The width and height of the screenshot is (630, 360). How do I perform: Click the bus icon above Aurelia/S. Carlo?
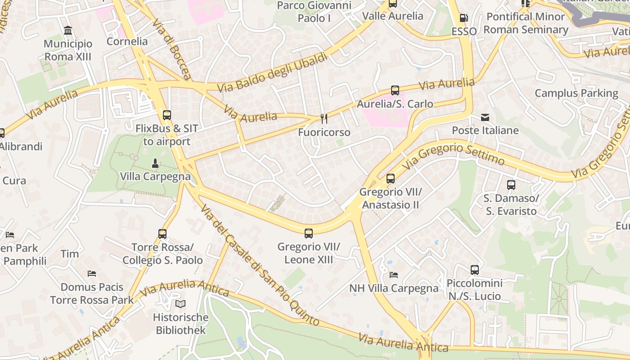pyautogui.click(x=395, y=90)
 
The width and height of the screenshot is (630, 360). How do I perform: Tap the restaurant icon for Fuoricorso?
pyautogui.click(x=324, y=119)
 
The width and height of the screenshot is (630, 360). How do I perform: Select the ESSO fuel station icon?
pyautogui.click(x=463, y=18)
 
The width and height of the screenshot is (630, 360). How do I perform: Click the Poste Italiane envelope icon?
pyautogui.click(x=485, y=117)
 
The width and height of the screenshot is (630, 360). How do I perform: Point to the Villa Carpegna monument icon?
pyautogui.click(x=155, y=163)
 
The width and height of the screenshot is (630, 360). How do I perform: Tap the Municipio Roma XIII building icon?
pyautogui.click(x=68, y=31)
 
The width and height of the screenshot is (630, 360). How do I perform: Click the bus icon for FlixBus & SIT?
pyautogui.click(x=166, y=115)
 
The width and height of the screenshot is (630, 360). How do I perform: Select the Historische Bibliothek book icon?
pyautogui.click(x=180, y=304)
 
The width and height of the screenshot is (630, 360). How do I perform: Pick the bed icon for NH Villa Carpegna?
pyautogui.click(x=394, y=274)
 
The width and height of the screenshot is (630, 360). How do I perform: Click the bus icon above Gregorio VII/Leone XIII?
pyautogui.click(x=308, y=234)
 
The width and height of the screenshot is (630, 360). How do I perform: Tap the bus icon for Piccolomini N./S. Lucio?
pyautogui.click(x=474, y=270)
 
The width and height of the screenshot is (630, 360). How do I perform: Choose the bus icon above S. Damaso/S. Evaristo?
pyautogui.click(x=511, y=185)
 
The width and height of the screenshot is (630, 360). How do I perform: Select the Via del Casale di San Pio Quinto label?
pyautogui.click(x=260, y=265)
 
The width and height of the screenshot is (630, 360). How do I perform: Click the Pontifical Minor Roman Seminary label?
pyautogui.click(x=526, y=23)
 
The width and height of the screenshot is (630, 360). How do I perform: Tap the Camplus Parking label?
pyautogui.click(x=576, y=93)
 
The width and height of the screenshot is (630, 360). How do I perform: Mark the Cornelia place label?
pyautogui.click(x=127, y=41)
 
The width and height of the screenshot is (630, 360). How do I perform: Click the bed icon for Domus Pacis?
pyautogui.click(x=92, y=274)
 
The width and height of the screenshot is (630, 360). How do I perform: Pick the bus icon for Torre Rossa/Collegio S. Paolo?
pyautogui.click(x=162, y=234)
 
